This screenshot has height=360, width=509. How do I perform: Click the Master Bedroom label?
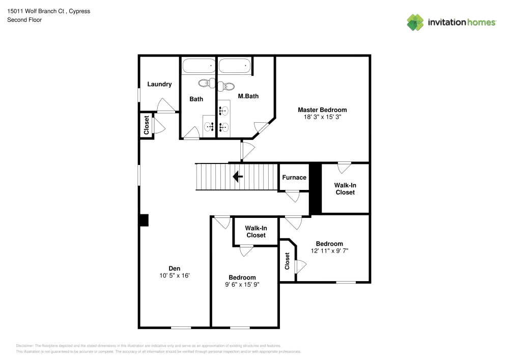322,110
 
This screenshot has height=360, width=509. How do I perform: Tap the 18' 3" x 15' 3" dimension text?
322,117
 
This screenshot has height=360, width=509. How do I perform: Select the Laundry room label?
159,85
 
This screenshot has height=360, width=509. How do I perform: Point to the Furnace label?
294,177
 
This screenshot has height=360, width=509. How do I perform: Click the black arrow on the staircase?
237,177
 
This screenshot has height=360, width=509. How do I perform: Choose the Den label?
175,268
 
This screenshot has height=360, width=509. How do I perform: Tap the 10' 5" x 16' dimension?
175,275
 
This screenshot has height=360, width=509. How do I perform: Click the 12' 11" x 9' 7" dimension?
329,251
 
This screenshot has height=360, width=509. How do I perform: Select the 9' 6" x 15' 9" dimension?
242,285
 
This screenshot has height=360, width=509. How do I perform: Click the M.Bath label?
248,96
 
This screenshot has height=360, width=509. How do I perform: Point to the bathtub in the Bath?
199,66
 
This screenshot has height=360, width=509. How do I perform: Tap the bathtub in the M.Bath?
235,66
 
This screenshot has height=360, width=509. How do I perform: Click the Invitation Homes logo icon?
415,22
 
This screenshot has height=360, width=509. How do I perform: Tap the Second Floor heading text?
24,20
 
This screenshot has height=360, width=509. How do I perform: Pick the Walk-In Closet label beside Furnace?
345,189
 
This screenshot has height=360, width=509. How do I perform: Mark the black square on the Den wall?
144,220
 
